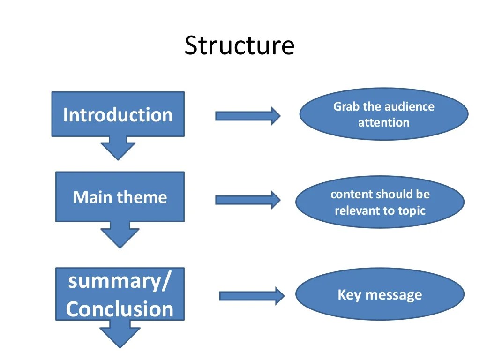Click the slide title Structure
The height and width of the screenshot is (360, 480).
tap(240, 45)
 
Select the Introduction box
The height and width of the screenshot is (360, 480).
tap(118, 114)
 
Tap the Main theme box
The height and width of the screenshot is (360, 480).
tap(120, 197)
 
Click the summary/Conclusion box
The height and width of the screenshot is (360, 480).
tap(120, 294)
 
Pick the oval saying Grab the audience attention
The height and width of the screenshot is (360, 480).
tap(383, 114)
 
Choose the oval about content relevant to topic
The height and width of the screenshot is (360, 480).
tap(380, 202)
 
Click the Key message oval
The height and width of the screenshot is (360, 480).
tap(380, 294)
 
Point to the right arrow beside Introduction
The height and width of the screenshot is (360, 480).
tap(247, 116)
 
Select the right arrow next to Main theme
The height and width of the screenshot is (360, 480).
tap(247, 200)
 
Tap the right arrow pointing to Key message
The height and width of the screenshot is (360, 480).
tap(252, 296)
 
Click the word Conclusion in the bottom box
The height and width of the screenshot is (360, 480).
tap(120, 309)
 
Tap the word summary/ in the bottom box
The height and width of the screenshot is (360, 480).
tap(120, 281)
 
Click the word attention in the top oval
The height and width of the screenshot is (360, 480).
tap(383, 123)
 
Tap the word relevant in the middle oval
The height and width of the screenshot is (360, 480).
tap(358, 210)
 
